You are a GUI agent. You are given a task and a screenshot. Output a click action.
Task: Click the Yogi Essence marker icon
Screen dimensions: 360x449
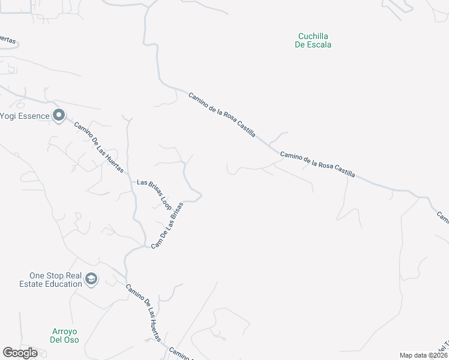click(58, 115)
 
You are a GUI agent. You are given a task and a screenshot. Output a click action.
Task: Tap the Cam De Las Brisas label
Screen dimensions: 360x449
click(167, 225)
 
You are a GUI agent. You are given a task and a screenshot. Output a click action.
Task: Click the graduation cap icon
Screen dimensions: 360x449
click(91, 278)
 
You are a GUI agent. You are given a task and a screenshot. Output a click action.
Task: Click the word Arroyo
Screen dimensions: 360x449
click(64, 332)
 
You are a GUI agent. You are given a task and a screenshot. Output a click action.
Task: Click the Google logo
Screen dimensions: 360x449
click(20, 353)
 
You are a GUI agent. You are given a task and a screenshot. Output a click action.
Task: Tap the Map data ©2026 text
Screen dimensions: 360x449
click(423, 355)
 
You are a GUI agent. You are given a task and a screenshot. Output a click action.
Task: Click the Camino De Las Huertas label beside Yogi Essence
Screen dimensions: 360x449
click(98, 147)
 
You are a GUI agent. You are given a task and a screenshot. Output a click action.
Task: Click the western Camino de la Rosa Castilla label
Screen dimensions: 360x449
click(222, 115)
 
